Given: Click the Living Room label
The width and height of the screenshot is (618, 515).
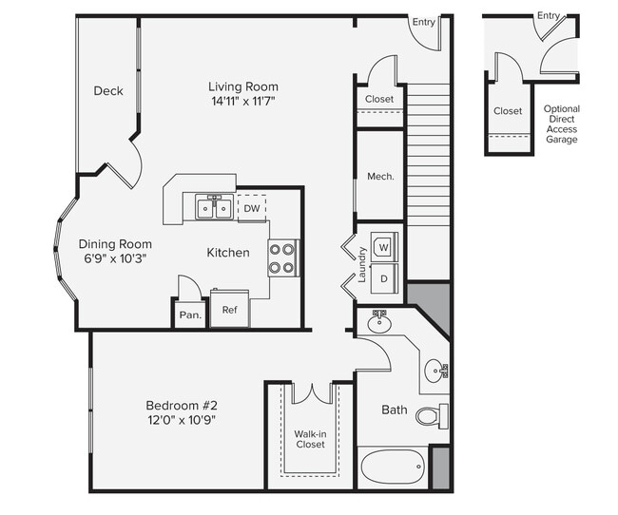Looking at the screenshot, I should click(x=243, y=86).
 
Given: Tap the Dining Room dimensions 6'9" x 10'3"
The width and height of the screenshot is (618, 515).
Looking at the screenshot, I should click(x=115, y=257).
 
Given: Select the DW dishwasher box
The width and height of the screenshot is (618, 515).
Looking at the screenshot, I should click(x=252, y=208).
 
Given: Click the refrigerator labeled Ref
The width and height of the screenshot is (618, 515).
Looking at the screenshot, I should click(x=229, y=310).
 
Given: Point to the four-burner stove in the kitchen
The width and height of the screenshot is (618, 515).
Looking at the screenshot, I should click(x=282, y=257).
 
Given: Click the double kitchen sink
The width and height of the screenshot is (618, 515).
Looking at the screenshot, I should click(x=214, y=207).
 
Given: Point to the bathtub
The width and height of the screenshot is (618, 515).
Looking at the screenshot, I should click(x=393, y=468).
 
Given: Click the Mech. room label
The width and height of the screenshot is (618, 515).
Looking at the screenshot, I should click(x=380, y=177).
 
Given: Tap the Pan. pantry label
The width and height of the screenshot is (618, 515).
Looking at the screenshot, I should click(x=190, y=315).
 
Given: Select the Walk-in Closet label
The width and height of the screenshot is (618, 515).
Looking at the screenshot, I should click(x=309, y=439).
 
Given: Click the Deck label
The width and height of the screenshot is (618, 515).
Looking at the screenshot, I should click(x=108, y=91).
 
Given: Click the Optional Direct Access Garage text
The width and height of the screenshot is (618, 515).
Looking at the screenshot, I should click(x=562, y=124).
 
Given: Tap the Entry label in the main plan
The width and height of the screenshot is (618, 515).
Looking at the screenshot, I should click(x=423, y=22).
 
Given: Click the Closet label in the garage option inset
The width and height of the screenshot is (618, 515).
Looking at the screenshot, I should click(x=508, y=111).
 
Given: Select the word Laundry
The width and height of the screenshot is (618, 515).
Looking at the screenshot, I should click(x=362, y=265).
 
